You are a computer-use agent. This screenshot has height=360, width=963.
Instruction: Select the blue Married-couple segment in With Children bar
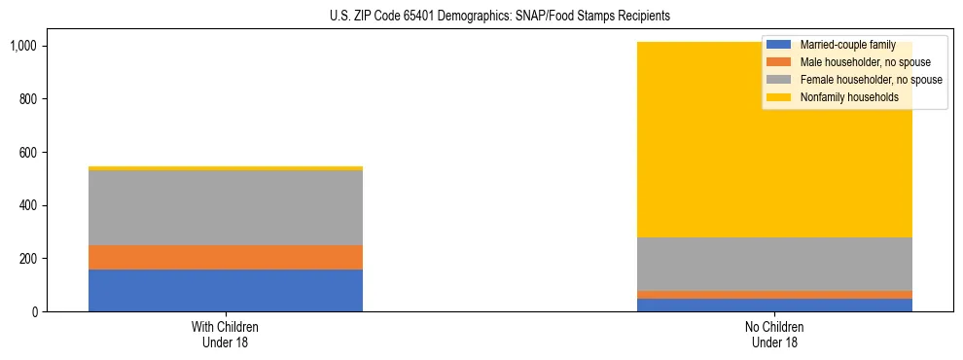[226, 290]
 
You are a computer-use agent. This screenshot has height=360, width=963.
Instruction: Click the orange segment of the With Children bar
[226, 257]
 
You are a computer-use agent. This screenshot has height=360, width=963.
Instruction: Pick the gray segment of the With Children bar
[226, 207]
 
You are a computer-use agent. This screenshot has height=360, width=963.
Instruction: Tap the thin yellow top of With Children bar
[226, 168]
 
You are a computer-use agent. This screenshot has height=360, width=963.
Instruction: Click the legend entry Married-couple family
[847, 45]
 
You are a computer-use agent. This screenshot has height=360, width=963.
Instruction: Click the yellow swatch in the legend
[779, 97]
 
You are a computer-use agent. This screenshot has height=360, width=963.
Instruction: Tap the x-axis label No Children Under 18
[773, 335]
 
